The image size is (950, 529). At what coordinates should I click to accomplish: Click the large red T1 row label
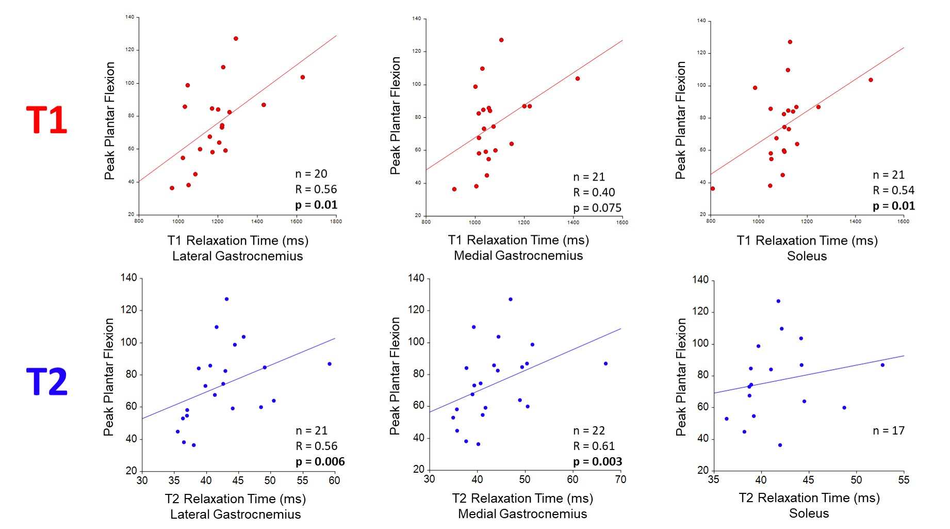coord(46,120)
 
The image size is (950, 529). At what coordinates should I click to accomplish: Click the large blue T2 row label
coord(46,382)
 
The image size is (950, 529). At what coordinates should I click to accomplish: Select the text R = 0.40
coord(594,193)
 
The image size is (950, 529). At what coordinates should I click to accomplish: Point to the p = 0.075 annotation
coord(597,208)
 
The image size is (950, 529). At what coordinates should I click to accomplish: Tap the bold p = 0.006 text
coord(320,461)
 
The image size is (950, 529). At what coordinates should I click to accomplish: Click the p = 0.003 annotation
coord(597,461)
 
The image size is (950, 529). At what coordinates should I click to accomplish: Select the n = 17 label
coord(889,430)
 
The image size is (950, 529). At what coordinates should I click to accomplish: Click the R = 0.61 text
coord(594,446)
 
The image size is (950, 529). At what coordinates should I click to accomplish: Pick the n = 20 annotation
coord(311,174)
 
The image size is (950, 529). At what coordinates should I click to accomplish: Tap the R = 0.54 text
coord(893,190)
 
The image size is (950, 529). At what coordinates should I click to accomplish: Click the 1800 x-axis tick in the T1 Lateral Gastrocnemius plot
coord(336,221)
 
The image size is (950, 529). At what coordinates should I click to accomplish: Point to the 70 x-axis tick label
coord(620,479)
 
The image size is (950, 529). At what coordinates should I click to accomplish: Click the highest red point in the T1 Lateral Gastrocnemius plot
coord(236,39)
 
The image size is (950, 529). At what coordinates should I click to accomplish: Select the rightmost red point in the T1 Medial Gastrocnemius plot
coord(578,79)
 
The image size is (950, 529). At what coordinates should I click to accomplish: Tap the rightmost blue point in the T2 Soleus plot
coord(882,365)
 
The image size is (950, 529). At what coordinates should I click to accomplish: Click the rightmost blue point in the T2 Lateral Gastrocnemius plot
coord(330,364)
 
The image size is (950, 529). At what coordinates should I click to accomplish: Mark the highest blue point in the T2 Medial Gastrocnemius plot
coord(511,299)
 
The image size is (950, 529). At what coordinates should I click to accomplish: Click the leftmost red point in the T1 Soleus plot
coord(713,189)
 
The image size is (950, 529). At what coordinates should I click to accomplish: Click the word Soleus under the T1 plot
coord(807,256)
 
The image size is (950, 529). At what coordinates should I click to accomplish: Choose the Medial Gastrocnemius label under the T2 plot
coord(522,514)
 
